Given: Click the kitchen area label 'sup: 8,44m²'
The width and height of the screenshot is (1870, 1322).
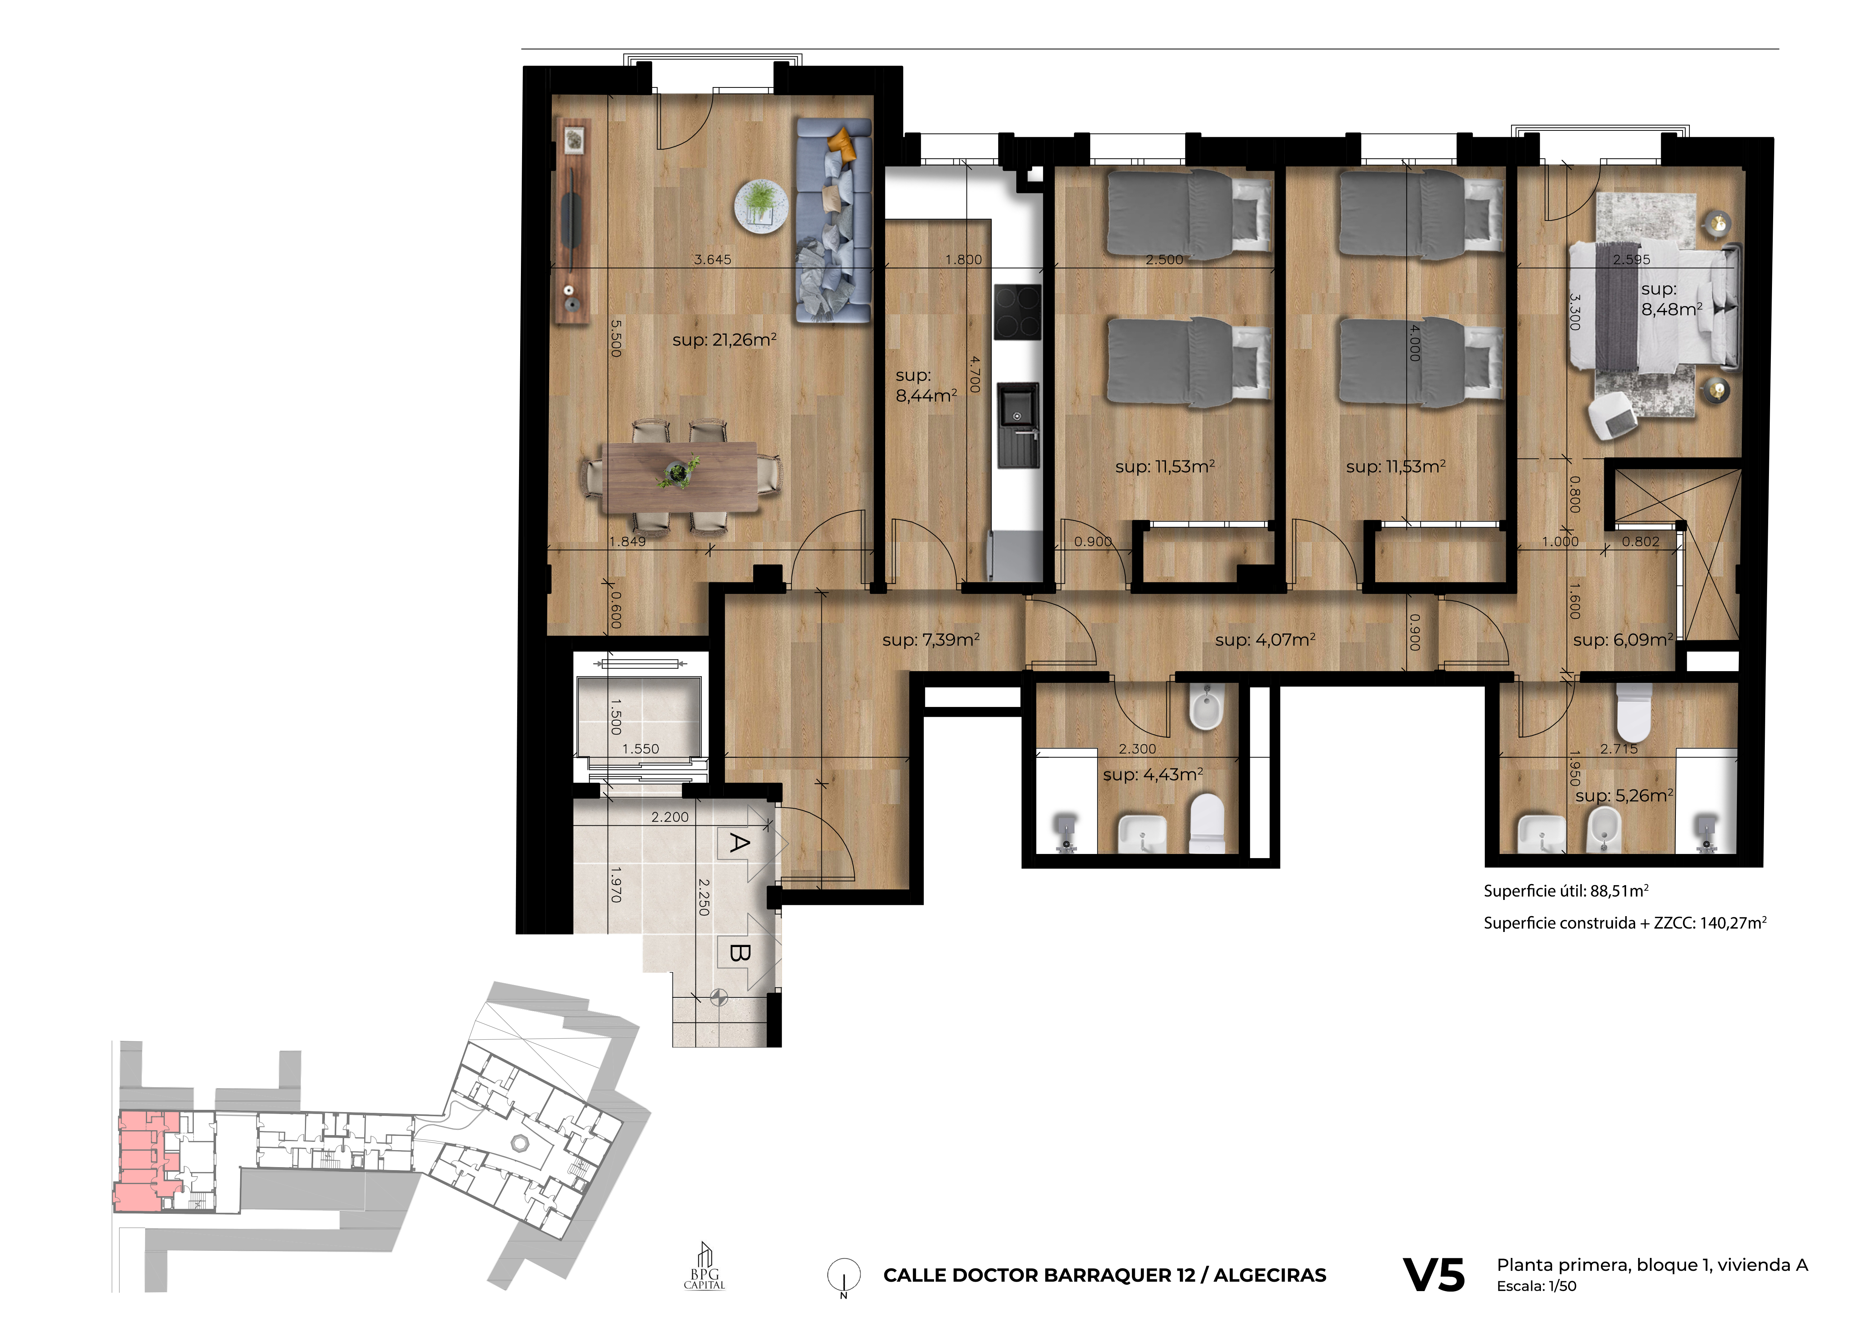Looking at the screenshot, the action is (x=926, y=385).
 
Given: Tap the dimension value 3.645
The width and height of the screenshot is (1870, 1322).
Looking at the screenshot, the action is (x=713, y=260).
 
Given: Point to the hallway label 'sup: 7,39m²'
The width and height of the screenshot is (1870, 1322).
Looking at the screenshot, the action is (x=931, y=640).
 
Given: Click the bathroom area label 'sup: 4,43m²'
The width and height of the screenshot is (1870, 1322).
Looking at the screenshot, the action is (x=1152, y=774).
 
